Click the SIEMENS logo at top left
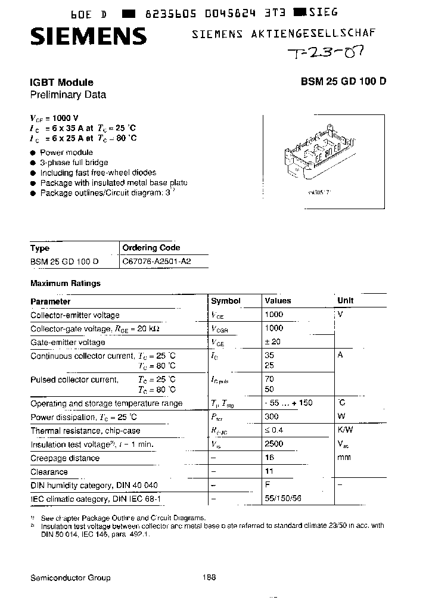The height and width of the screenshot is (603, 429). [x=88, y=37]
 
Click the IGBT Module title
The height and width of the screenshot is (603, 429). [x=62, y=83]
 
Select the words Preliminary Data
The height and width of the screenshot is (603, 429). [x=68, y=94]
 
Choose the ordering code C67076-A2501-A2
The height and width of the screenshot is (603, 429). [x=157, y=262]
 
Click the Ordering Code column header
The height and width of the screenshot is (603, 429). [x=151, y=248]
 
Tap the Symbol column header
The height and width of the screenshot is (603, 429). [x=226, y=301]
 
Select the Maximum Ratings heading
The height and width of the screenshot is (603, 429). [x=66, y=284]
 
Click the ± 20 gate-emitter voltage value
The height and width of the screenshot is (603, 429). [x=272, y=342]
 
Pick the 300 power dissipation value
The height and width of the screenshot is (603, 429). [x=272, y=417]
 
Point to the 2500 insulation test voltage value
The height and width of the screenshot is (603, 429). [x=274, y=444]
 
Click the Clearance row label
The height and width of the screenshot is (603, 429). [x=49, y=472]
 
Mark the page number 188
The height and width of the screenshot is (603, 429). [x=209, y=577]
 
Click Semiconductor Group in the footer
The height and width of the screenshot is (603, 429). [x=70, y=578]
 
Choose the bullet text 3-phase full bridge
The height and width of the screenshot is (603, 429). [x=74, y=163]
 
